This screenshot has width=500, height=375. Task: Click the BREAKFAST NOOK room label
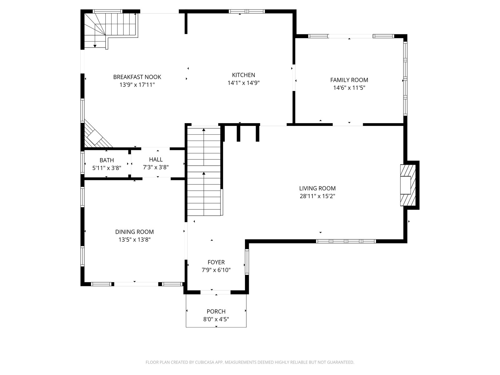click(x=137, y=77)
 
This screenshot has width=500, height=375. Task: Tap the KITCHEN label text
click(x=243, y=75)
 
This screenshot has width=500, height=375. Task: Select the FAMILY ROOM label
click(x=349, y=80)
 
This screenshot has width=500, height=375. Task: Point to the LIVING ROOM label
click(x=317, y=188)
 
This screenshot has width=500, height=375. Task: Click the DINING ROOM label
click(x=134, y=232)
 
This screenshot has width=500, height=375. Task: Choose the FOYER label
click(x=216, y=262)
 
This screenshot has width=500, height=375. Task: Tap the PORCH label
click(x=216, y=311)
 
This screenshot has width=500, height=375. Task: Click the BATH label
click(x=107, y=160)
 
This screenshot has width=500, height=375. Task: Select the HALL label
click(x=156, y=159)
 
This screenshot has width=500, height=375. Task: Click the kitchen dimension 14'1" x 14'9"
click(x=243, y=82)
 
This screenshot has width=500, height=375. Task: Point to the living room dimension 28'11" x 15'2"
click(x=317, y=196)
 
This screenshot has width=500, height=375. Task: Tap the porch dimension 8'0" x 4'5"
click(x=216, y=319)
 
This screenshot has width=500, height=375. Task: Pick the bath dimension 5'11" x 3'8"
click(x=107, y=168)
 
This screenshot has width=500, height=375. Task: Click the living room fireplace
click(x=408, y=185)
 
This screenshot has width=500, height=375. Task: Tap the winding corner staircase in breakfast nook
click(x=111, y=31)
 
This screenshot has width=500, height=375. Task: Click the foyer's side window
click(x=247, y=262)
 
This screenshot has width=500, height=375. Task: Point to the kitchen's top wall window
click(x=247, y=11)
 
